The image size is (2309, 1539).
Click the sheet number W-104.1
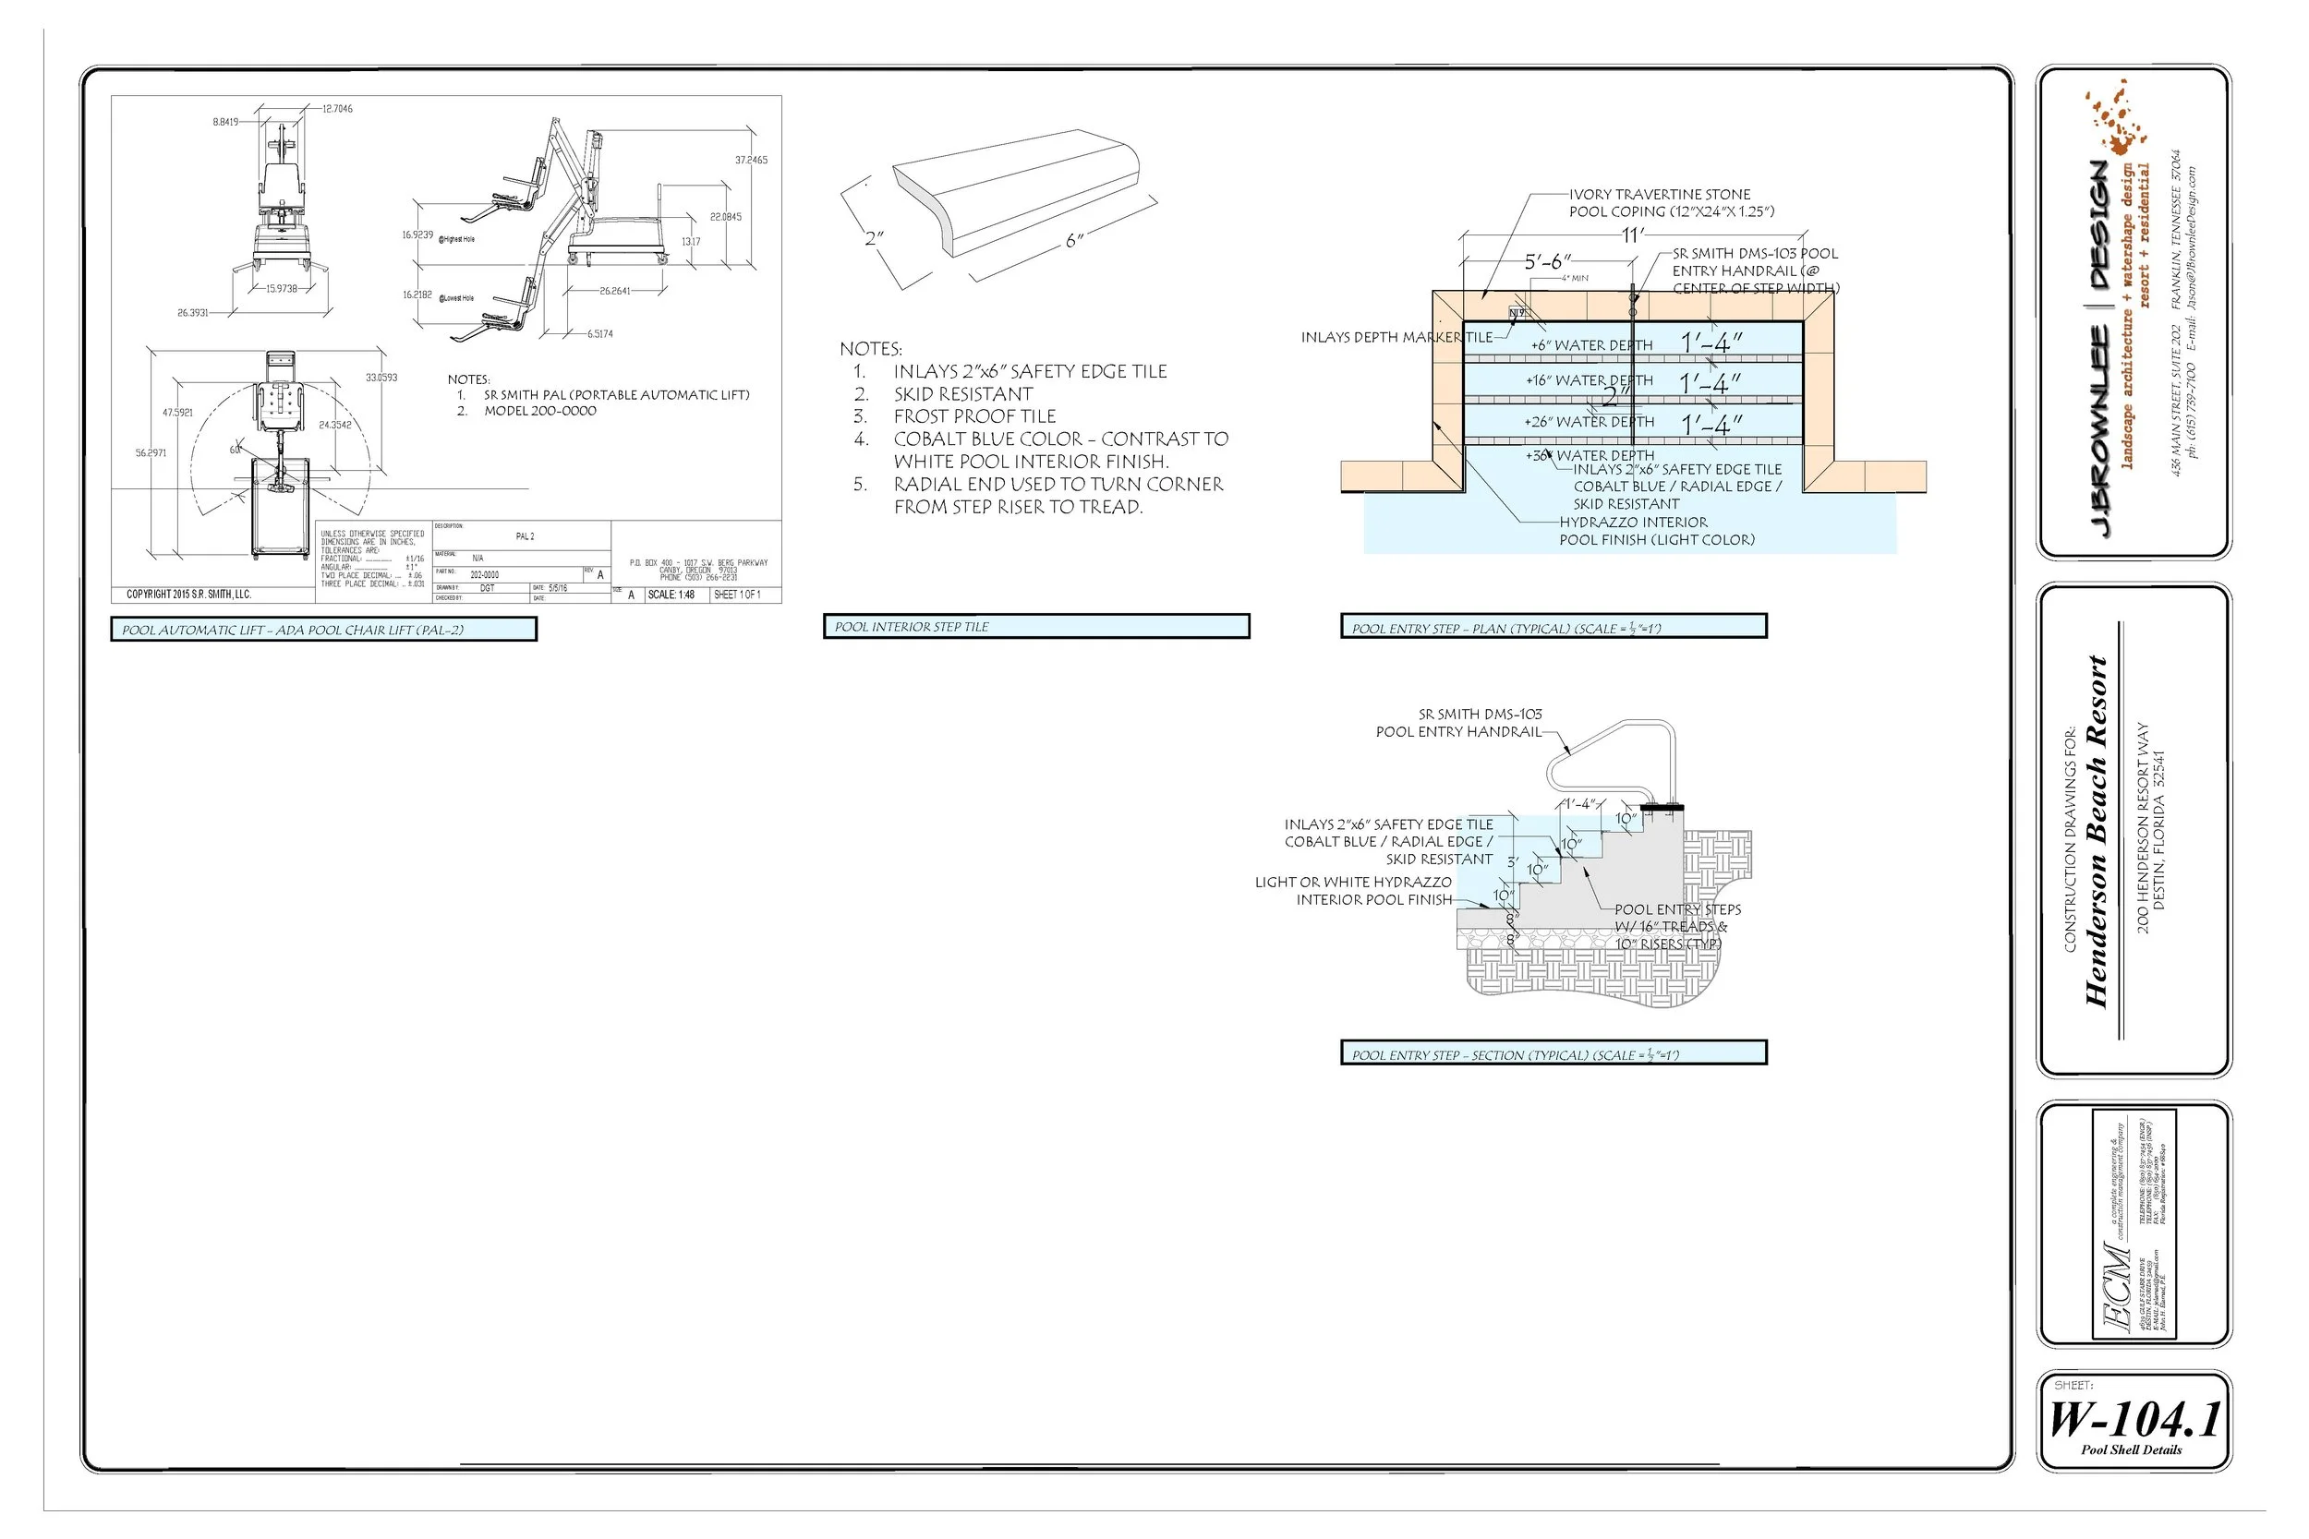[2134, 1419]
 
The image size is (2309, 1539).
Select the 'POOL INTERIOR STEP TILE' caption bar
[1035, 626]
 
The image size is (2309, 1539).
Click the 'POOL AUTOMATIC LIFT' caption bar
[324, 629]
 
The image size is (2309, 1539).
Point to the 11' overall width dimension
[1632, 234]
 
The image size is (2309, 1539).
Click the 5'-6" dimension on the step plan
[1547, 262]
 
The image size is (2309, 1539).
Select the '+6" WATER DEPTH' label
[1591, 345]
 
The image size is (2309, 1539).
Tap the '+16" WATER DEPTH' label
[1589, 380]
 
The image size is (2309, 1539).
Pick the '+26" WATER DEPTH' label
[1589, 422]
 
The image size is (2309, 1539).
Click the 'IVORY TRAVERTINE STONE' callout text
[1659, 195]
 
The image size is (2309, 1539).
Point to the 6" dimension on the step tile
[1074, 240]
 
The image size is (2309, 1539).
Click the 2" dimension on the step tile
[874, 238]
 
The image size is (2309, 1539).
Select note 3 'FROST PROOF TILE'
[973, 416]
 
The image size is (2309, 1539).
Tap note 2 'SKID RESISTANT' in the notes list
[962, 393]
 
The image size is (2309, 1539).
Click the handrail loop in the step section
[1610, 756]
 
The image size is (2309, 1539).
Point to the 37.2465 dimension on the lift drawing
[751, 160]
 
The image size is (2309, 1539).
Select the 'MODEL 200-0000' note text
[539, 411]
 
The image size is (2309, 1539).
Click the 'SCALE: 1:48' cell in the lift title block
[671, 595]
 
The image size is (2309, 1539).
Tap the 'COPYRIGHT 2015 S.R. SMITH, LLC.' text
[188, 594]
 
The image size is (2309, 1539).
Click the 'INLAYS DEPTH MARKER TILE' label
[1396, 338]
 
